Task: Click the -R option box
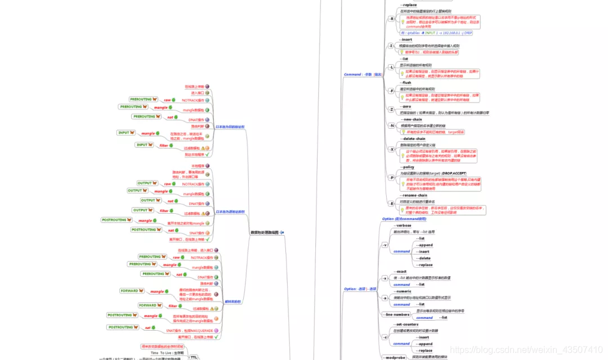392,19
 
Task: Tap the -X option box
392,149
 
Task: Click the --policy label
407,167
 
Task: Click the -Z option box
392,109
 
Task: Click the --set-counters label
406,325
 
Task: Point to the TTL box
194,357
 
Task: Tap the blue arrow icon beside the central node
282,232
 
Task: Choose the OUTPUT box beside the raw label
146,183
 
